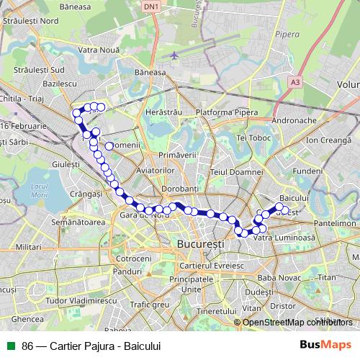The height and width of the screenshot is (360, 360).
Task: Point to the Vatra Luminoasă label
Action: tap(286, 237)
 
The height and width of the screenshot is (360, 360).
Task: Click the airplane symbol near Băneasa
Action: tap(174, 55)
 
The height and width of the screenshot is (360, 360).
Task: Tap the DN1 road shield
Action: tap(150, 6)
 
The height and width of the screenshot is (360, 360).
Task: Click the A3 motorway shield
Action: tap(295, 83)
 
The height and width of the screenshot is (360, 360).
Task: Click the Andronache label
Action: tap(296, 120)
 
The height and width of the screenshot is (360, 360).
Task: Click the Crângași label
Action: tap(87, 194)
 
